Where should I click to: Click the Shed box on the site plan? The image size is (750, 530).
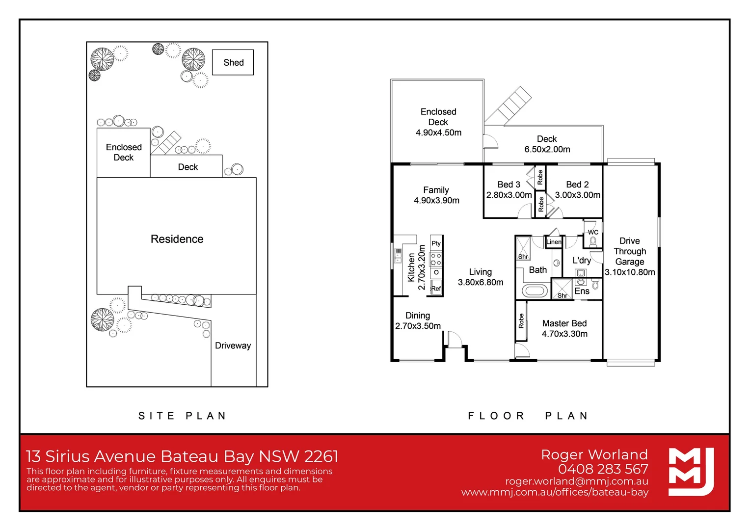coord(233,62)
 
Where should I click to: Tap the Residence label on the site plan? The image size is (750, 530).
coord(177,239)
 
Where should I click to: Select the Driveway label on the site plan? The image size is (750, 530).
coord(233,345)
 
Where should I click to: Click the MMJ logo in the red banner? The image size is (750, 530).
coord(691,472)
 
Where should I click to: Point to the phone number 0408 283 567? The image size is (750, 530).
coord(603,469)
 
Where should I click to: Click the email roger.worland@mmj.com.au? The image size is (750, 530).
coord(576,481)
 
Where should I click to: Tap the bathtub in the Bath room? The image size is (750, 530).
coord(535,291)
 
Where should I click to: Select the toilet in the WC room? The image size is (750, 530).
coord(593,241)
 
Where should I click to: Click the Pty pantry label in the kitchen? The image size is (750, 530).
coord(436,243)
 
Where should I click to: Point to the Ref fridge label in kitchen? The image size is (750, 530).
coord(436,289)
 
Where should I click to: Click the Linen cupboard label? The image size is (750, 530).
coord(554,242)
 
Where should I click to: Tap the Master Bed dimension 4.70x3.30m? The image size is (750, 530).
coord(564,334)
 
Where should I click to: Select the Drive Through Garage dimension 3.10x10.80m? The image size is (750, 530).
coord(630,272)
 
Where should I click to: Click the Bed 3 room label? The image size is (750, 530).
coord(509,185)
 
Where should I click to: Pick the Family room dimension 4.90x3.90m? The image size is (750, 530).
coord(436,200)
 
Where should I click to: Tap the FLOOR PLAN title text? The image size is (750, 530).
coord(528,416)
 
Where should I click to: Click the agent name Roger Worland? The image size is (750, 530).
coord(594,454)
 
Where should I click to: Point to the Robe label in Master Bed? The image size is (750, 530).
coord(521,321)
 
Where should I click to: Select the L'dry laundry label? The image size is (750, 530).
coord(582,260)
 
